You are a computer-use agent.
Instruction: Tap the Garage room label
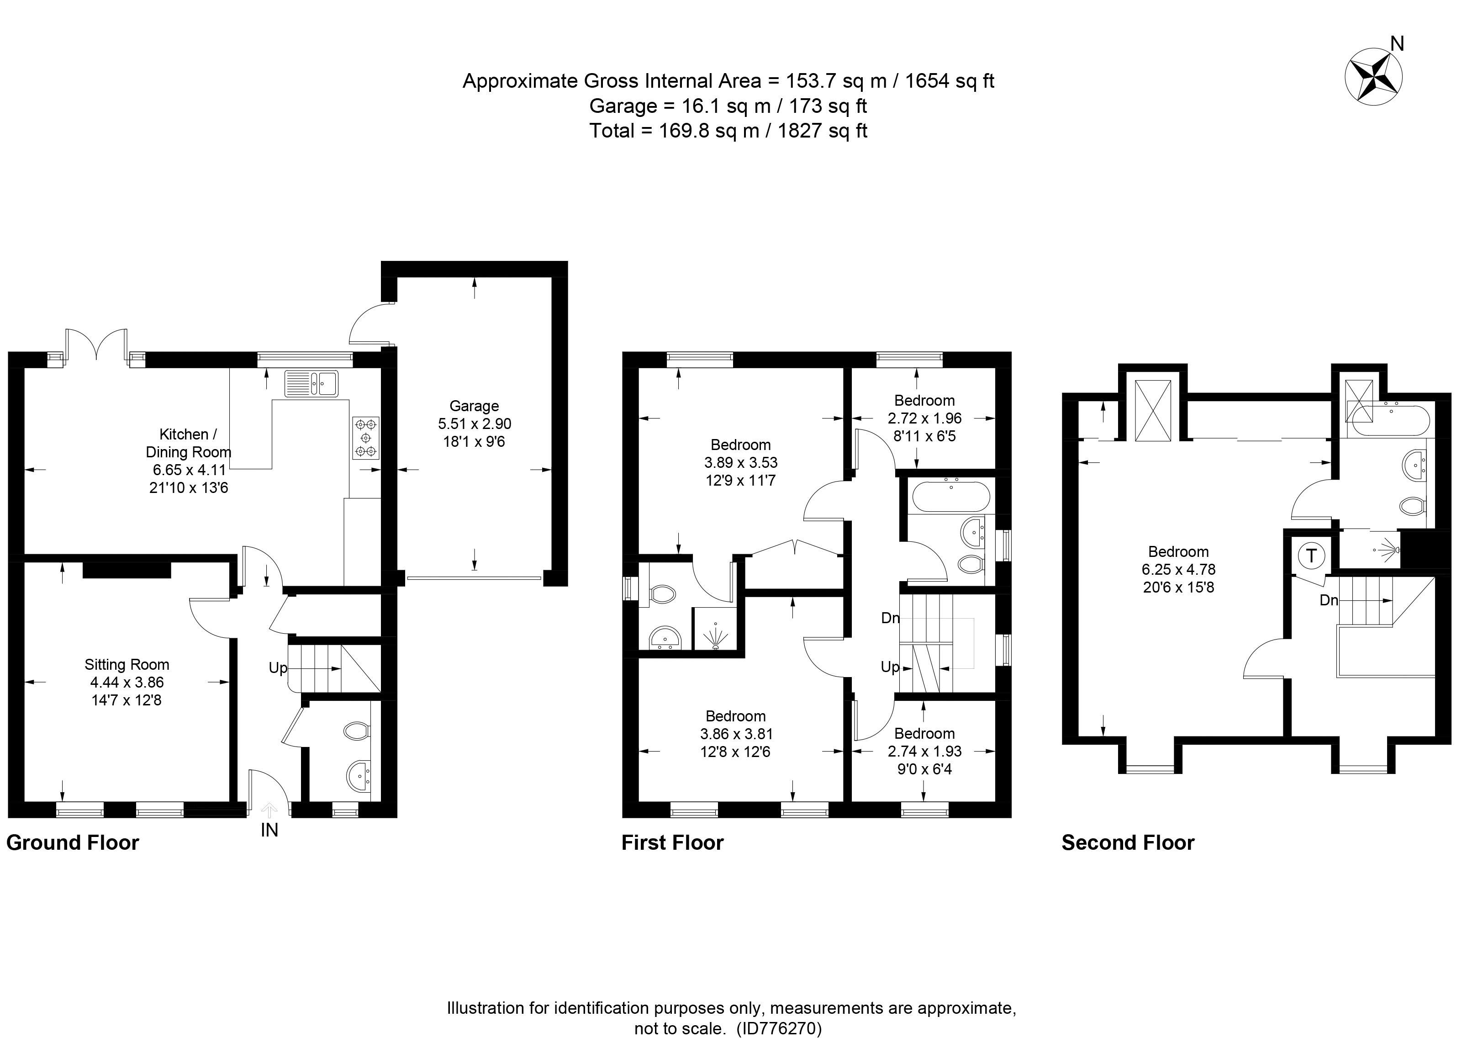click(x=474, y=406)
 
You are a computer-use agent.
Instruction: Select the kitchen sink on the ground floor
click(x=311, y=384)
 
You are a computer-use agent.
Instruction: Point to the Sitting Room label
click(x=127, y=664)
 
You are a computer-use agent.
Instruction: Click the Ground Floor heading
click(x=73, y=843)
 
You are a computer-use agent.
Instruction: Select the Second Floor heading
click(x=1128, y=843)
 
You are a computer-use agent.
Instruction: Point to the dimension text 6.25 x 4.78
click(x=1178, y=569)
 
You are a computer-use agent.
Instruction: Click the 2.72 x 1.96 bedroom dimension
click(x=924, y=418)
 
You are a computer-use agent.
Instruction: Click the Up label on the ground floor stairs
click(x=278, y=668)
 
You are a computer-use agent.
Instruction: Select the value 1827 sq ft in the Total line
click(x=822, y=131)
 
